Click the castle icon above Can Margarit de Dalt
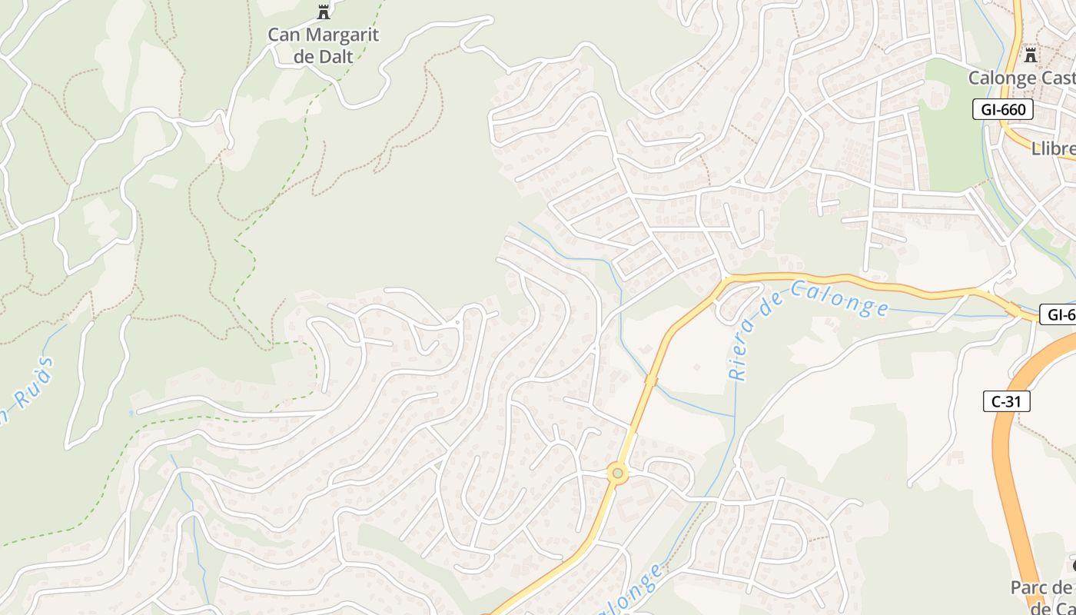click(x=324, y=12)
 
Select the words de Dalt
click(x=324, y=56)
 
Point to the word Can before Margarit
click(x=284, y=35)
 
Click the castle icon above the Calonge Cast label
click(x=1031, y=55)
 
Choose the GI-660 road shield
click(x=1004, y=110)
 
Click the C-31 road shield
click(x=1006, y=401)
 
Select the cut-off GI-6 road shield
click(x=1059, y=314)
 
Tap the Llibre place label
click(x=1054, y=148)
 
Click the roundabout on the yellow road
click(x=617, y=474)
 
